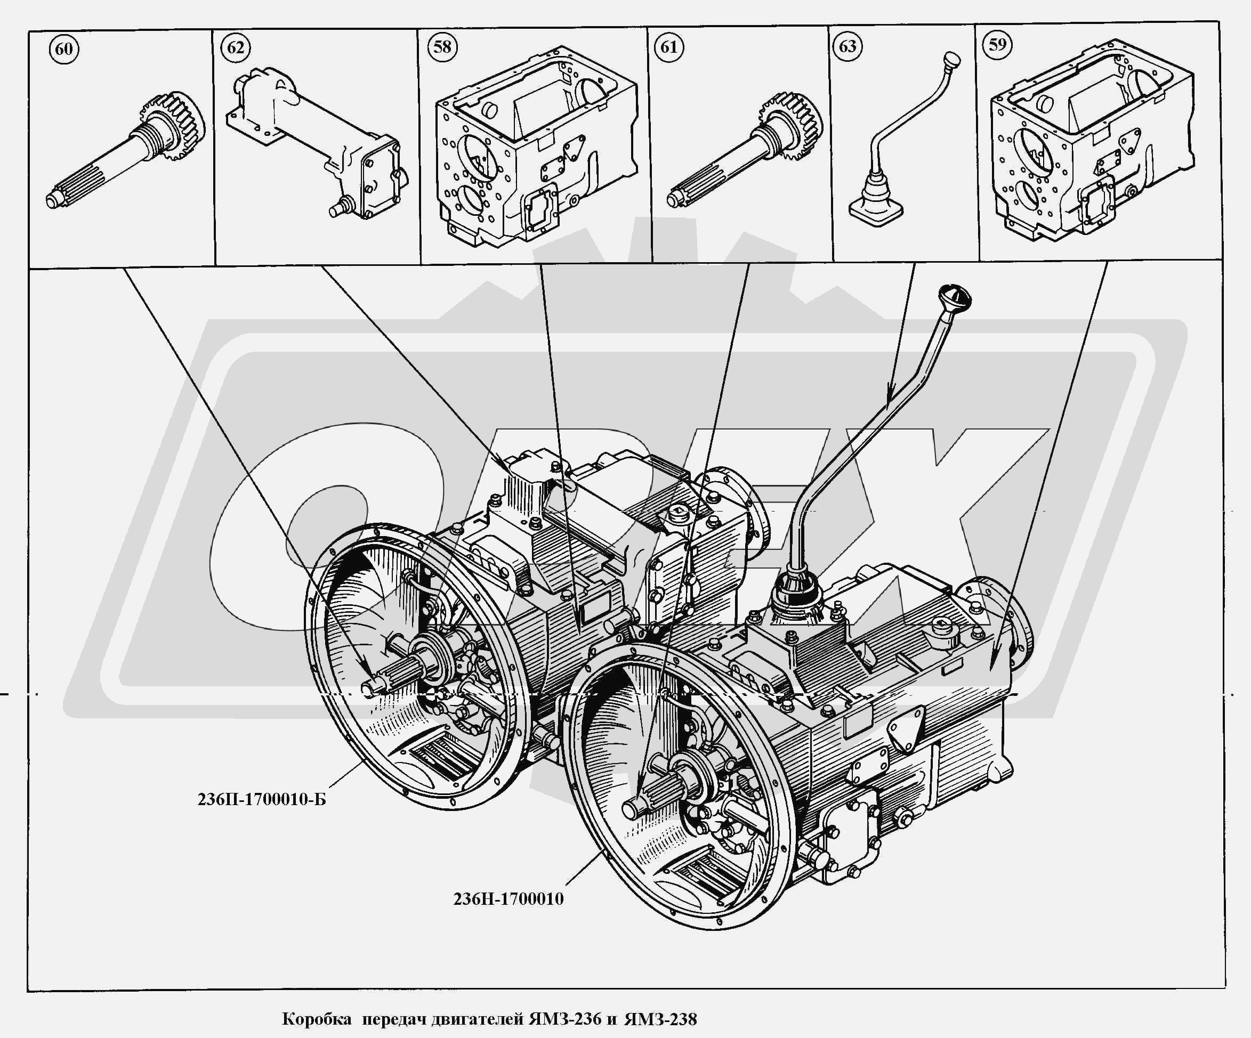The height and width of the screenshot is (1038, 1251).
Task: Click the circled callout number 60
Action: pos(64,48)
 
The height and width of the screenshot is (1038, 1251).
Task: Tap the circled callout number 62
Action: pos(236,46)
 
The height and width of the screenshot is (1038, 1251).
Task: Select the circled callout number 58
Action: pos(442,46)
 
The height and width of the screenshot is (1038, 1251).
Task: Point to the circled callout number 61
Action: pos(669,46)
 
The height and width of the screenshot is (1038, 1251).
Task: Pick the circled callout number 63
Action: pos(847,46)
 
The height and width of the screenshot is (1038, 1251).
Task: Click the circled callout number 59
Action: pos(998,45)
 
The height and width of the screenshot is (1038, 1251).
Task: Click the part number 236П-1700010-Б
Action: pos(262,799)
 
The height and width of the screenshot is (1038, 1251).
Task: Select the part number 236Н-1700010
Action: pos(508,898)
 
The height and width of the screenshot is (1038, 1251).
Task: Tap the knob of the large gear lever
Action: pos(954,295)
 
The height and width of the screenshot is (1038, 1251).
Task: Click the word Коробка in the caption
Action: pos(317,1019)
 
